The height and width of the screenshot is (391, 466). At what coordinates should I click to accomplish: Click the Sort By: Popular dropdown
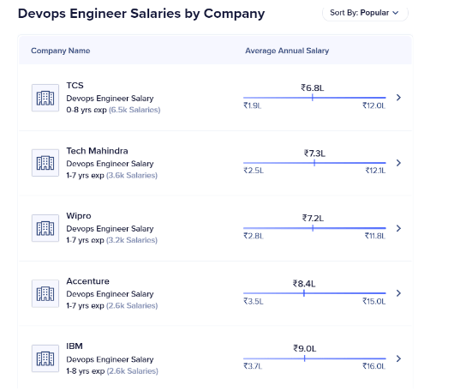(x=365, y=13)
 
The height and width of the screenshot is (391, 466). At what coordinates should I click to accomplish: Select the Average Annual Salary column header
(x=286, y=51)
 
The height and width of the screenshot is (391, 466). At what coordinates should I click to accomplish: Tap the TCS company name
(x=75, y=86)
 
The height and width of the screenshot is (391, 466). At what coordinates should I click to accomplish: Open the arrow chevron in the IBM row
(x=398, y=358)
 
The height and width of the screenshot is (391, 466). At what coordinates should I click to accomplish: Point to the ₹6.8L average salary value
(x=313, y=87)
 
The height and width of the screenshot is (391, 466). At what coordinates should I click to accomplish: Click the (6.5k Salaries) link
(x=134, y=110)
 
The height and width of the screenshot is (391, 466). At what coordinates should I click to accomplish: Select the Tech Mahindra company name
(x=97, y=151)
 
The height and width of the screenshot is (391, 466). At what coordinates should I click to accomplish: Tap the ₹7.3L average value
(x=314, y=153)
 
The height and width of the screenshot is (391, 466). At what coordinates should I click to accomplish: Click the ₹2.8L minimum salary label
(x=253, y=236)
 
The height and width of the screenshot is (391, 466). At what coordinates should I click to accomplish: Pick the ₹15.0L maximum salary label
(x=374, y=301)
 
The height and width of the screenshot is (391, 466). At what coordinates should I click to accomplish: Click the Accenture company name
(x=87, y=281)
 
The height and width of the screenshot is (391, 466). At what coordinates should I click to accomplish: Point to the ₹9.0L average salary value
(x=305, y=348)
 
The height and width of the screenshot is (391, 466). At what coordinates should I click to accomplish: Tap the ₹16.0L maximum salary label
(x=374, y=366)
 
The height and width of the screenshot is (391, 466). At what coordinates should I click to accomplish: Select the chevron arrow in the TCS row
(x=398, y=98)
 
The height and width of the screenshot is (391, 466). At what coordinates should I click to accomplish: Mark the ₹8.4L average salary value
(x=304, y=283)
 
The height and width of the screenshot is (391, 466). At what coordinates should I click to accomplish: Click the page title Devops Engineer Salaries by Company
(x=141, y=14)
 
